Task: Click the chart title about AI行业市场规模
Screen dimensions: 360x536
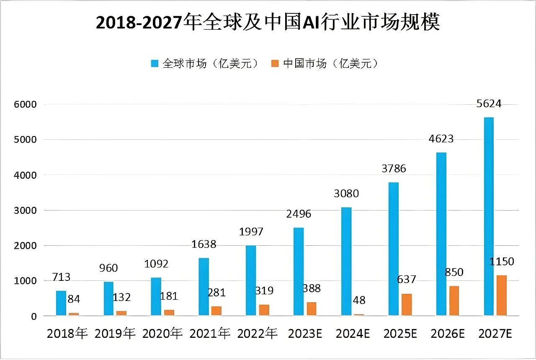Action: point(268,23)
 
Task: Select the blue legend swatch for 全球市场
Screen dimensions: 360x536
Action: point(155,64)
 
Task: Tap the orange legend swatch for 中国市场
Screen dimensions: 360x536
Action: point(275,64)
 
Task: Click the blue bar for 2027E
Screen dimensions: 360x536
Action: point(488,216)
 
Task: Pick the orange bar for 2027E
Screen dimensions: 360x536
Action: point(501,295)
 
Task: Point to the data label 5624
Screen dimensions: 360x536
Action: point(489,103)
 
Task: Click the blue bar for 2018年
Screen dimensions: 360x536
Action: point(61,303)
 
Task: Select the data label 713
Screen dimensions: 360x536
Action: point(61,277)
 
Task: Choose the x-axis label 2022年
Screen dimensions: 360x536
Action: point(257,334)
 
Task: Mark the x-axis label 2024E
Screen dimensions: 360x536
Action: point(352,334)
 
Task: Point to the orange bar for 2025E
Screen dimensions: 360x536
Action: point(407,305)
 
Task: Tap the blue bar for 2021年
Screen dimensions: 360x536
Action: point(204,287)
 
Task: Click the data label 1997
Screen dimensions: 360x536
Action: point(251,231)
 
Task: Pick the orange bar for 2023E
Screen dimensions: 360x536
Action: point(312,309)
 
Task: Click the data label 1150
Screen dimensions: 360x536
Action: point(501,262)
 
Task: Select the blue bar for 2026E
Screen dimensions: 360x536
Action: point(441,234)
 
